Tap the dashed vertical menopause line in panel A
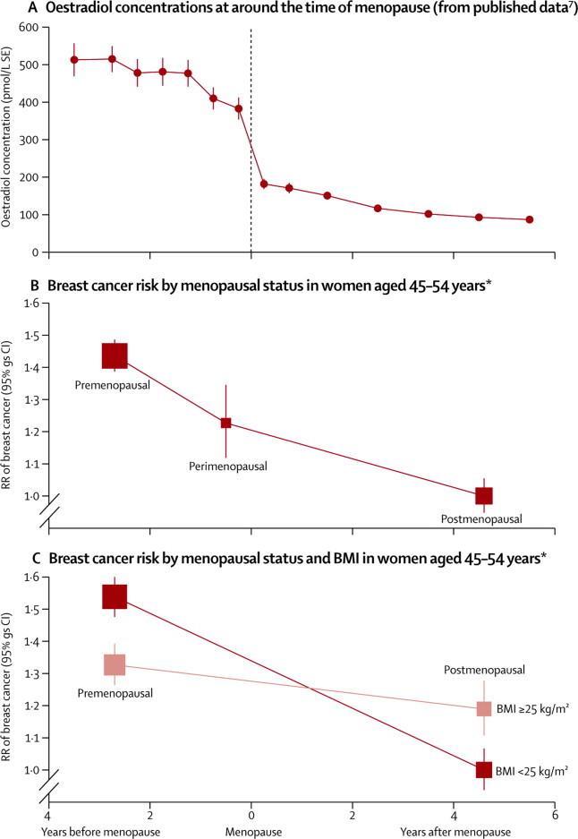pos(251,134)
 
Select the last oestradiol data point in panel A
pos(530,219)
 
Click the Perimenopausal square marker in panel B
pos(226,423)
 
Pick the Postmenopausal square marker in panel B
pos(484,495)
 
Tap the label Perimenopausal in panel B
pos(228,467)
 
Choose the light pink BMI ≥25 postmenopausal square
pos(484,708)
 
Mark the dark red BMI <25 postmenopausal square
pos(484,769)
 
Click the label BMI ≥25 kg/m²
pos(531,708)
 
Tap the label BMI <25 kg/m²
pos(531,769)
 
